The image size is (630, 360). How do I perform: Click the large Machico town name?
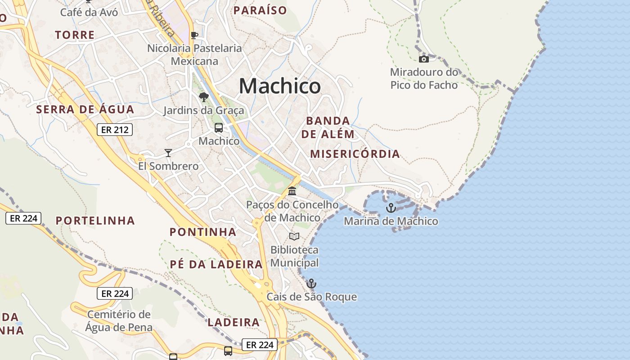[279, 85]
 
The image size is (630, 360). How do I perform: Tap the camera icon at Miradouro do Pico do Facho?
[423, 59]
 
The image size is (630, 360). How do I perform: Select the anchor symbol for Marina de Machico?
[391, 208]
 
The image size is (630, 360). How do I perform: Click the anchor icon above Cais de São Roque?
[311, 283]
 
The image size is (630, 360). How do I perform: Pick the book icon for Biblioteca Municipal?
[294, 236]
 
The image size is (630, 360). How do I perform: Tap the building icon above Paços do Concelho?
[292, 191]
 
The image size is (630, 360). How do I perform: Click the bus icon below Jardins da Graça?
[219, 128]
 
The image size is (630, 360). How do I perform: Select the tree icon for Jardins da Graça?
[204, 97]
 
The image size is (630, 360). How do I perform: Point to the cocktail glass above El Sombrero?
[168, 153]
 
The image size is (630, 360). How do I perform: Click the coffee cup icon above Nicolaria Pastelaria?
[194, 35]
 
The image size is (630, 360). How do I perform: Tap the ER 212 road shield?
[115, 130]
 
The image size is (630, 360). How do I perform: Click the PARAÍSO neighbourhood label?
[260, 10]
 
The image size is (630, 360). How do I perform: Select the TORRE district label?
[75, 35]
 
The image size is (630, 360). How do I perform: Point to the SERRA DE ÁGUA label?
[85, 109]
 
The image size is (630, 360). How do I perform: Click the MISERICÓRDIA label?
[355, 154]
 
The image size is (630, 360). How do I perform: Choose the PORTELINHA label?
[95, 220]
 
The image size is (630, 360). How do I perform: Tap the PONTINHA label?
[202, 232]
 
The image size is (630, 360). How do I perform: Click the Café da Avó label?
[89, 12]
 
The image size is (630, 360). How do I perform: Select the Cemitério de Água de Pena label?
[119, 320]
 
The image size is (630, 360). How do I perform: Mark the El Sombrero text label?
[168, 166]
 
